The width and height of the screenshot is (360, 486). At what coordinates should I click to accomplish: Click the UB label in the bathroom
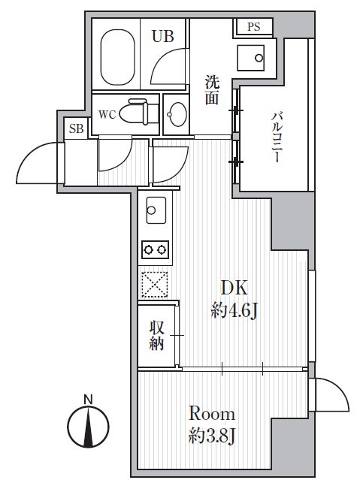pos(164,35)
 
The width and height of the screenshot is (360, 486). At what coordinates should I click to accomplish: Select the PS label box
pos(254,28)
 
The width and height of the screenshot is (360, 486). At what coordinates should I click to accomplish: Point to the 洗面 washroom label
pos(213,89)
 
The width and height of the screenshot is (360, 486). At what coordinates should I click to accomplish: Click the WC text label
pos(107,115)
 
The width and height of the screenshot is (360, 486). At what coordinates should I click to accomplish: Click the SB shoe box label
pos(76,128)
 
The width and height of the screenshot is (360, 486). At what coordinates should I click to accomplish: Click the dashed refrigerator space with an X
pos(156,283)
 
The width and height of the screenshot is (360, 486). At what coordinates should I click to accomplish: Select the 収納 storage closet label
pos(156,336)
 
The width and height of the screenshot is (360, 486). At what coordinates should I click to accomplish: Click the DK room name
pos(233,287)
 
